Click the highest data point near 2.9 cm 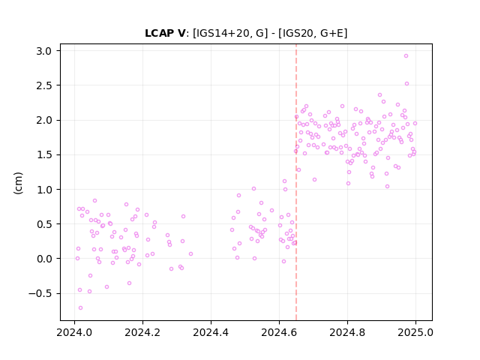pos(406,56)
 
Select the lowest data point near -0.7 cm pos(80,308)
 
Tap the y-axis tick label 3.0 pos(43,51)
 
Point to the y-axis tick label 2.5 pos(43,85)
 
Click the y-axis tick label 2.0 pos(43,120)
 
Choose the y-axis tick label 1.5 pos(43,155)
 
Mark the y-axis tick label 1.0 pos(43,190)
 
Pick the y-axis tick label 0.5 pos(43,224)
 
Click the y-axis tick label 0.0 pos(43,259)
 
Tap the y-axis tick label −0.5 pos(40,293)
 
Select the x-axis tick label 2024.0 pos(74,332)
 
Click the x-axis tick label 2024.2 pos(142,332)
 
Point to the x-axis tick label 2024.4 pos(211,332)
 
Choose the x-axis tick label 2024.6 pos(279,332)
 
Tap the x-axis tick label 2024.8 pos(347,332)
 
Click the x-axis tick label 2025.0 pos(415,332)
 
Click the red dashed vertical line pos(296,182)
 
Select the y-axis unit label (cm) pos(18,183)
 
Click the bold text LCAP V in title pos(165,33)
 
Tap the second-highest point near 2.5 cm pos(406,83)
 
